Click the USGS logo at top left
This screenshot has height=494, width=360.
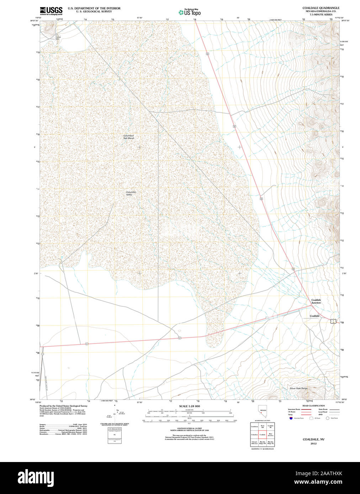click(51, 10)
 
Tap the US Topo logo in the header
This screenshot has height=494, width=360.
click(190, 12)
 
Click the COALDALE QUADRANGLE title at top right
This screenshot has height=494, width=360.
click(321, 8)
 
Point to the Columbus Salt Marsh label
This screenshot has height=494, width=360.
click(129, 137)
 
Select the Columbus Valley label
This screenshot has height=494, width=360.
click(131, 193)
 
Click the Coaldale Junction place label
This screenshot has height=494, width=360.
click(316, 301)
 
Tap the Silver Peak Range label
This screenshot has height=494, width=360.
click(299, 388)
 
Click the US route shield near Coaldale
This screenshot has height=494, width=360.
click(333, 321)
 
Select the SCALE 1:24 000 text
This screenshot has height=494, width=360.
click(189, 406)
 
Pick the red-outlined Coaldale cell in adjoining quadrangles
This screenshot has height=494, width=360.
click(263, 435)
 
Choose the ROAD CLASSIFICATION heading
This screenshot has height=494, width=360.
click(313, 406)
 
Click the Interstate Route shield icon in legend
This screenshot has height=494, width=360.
click(291, 418)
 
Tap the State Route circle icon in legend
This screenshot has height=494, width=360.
click(328, 418)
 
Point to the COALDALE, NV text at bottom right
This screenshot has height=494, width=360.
click(313, 439)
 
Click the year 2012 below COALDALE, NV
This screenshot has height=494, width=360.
click(313, 444)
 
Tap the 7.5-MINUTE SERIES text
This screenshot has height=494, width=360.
click(321, 14)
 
